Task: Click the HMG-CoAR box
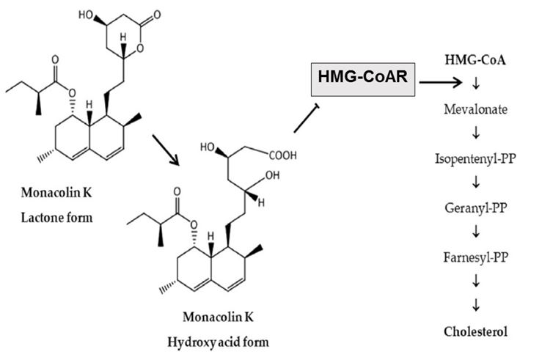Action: pyautogui.click(x=363, y=80)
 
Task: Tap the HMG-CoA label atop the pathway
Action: pyautogui.click(x=475, y=60)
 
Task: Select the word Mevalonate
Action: pyautogui.click(x=475, y=109)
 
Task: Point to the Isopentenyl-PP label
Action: pyautogui.click(x=475, y=158)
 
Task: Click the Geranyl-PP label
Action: pyautogui.click(x=475, y=208)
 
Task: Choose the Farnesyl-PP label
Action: pyautogui.click(x=475, y=257)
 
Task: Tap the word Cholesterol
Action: pyautogui.click(x=475, y=331)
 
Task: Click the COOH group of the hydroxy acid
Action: pyautogui.click(x=283, y=155)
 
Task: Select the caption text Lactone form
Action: pyautogui.click(x=56, y=218)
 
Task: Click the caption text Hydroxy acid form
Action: pyautogui.click(x=218, y=342)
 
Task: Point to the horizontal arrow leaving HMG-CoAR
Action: pyautogui.click(x=441, y=83)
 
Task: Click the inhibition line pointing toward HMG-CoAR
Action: pyautogui.click(x=307, y=118)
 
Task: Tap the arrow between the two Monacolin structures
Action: pyautogui.click(x=166, y=150)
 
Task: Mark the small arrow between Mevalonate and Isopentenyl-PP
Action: pyautogui.click(x=476, y=133)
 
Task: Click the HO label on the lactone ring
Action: pyautogui.click(x=86, y=15)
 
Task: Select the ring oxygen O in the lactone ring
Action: pyautogui.click(x=140, y=48)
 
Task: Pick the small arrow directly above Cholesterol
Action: pyautogui.click(x=476, y=305)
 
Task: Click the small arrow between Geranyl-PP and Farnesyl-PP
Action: pyautogui.click(x=476, y=232)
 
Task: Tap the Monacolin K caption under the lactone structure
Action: pyautogui.click(x=56, y=193)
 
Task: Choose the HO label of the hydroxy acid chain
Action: pyautogui.click(x=208, y=147)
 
